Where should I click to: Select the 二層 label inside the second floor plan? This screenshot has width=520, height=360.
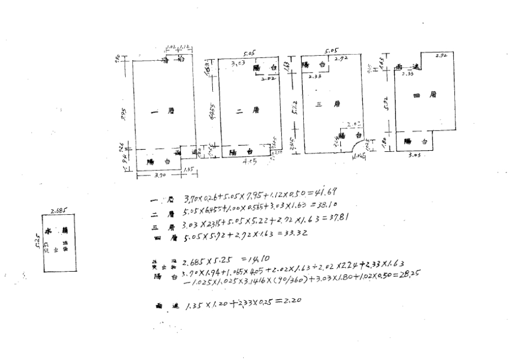coord(247,110)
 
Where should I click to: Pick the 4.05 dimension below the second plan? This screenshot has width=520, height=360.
coord(250,162)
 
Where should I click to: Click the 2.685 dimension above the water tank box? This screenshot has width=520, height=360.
coord(57,210)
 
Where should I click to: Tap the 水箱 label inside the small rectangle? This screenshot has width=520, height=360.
coord(57,230)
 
